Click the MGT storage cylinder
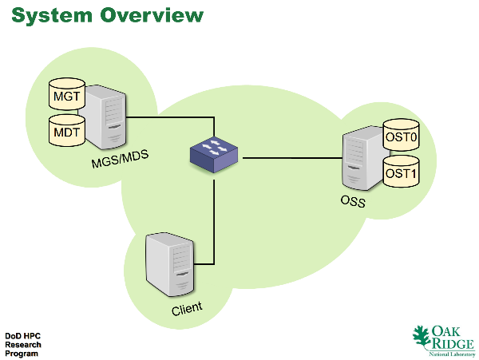pos(67,93)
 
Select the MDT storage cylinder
pos(67,130)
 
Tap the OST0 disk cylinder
pos(401,135)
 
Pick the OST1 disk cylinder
pos(401,172)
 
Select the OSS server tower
pos(364,158)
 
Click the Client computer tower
pos(170,264)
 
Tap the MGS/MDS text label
pos(120,159)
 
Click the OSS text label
pos(353,201)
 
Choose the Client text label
pos(187,309)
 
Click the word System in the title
pos(52,15)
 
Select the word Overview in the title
pos(152,15)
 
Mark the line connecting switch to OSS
pos(292,158)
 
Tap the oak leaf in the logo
pos(422,337)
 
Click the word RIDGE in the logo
pos(453,343)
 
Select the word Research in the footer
pos(23,345)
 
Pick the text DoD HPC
pos(23,336)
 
